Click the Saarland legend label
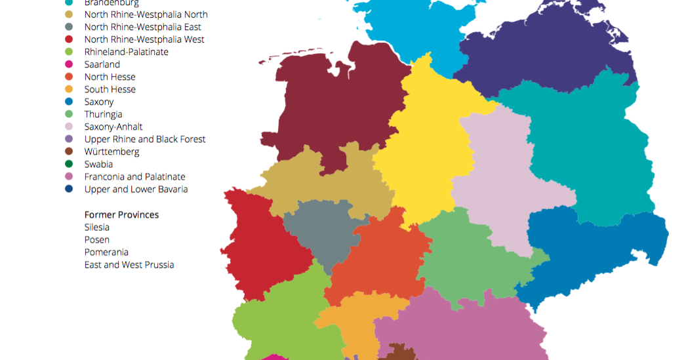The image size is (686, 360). pyautogui.click(x=102, y=64)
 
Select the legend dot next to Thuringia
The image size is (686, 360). pyautogui.click(x=69, y=114)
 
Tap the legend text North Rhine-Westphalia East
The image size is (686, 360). pyautogui.click(x=142, y=27)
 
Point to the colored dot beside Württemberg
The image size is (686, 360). pyautogui.click(x=69, y=151)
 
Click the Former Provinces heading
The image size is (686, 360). pyautogui.click(x=121, y=214)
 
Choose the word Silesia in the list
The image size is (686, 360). pyautogui.click(x=96, y=227)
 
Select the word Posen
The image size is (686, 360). pyautogui.click(x=96, y=239)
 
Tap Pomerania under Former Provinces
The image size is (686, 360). pyautogui.click(x=106, y=252)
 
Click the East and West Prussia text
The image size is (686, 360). pyautogui.click(x=129, y=264)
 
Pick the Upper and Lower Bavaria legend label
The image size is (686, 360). pyautogui.click(x=136, y=189)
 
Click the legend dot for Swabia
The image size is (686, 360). pyautogui.click(x=69, y=164)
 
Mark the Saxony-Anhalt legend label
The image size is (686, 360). pyautogui.click(x=113, y=127)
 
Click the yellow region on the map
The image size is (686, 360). pyautogui.click(x=426, y=144)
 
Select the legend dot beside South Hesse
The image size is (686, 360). pyautogui.click(x=69, y=89)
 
